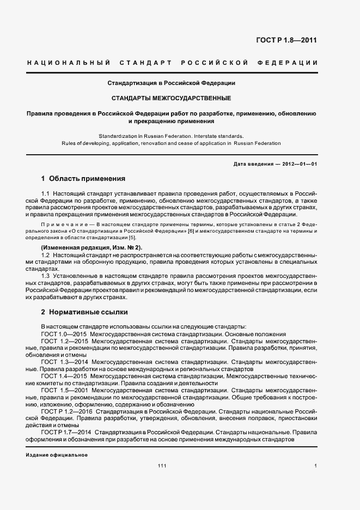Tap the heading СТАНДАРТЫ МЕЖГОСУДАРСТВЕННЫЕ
171,99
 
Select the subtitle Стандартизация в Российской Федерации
171,83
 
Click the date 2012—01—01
298,164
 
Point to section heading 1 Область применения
83,179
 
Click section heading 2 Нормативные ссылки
84,313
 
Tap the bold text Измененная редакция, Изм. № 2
91,247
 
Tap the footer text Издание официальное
57,454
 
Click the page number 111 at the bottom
162,466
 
